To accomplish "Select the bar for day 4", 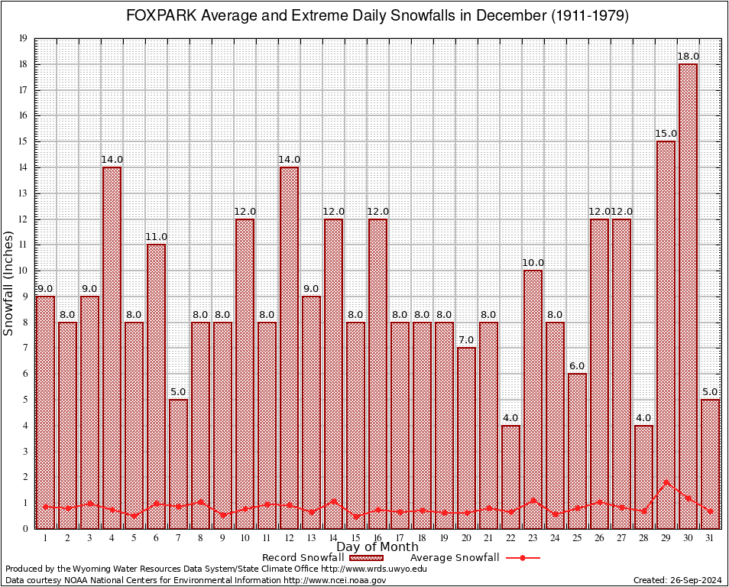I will pyautogui.click(x=112, y=348).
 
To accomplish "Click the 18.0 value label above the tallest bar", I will pyautogui.click(x=688, y=57).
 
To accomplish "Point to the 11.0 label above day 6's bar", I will pyautogui.click(x=156, y=237).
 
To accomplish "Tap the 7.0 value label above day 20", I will pyautogui.click(x=466, y=340).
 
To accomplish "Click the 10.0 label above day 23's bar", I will pyautogui.click(x=533, y=263).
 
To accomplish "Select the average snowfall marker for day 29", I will pyautogui.click(x=666, y=482).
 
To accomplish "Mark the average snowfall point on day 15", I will pyautogui.click(x=355, y=516).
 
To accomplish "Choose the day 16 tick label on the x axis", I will pyautogui.click(x=377, y=538).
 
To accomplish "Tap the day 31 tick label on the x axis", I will pyautogui.click(x=710, y=538).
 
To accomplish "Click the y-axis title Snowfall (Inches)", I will pyautogui.click(x=9, y=283).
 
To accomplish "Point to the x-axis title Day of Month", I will pyautogui.click(x=377, y=547).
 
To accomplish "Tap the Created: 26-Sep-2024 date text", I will pyautogui.click(x=678, y=581).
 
